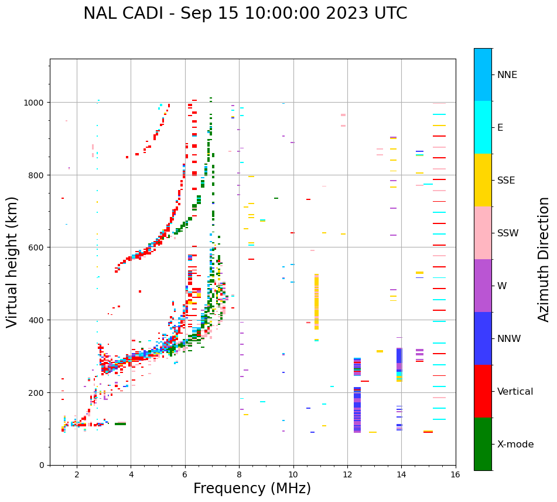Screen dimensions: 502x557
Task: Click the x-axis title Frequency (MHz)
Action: (x=252, y=489)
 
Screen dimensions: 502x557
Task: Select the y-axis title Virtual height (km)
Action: (x=12, y=262)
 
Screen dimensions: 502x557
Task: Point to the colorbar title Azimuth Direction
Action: (x=544, y=259)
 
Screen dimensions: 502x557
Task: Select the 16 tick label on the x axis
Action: (x=456, y=476)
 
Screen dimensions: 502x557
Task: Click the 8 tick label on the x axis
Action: (x=239, y=476)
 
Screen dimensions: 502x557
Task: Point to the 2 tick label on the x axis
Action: (x=77, y=476)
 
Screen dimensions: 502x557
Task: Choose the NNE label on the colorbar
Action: (x=507, y=75)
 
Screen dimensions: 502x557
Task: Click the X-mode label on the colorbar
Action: (x=515, y=445)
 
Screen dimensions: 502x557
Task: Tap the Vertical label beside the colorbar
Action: (x=515, y=392)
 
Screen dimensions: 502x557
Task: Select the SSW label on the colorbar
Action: (x=508, y=233)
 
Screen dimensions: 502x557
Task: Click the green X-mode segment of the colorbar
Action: (x=483, y=444)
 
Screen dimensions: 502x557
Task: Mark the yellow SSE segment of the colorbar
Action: (x=483, y=180)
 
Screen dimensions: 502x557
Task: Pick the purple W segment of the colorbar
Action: (x=483, y=286)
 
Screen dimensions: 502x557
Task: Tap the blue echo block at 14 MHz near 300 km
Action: (x=399, y=358)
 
